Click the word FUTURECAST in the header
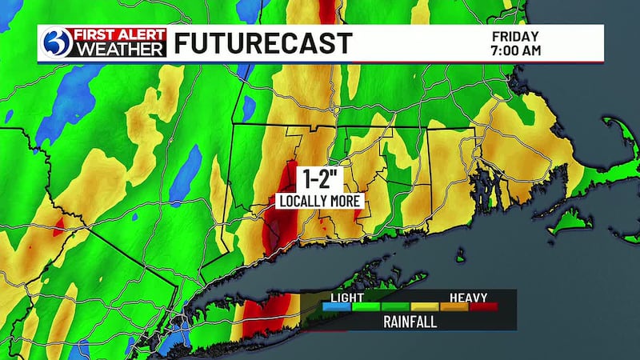262,43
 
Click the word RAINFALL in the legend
410,322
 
